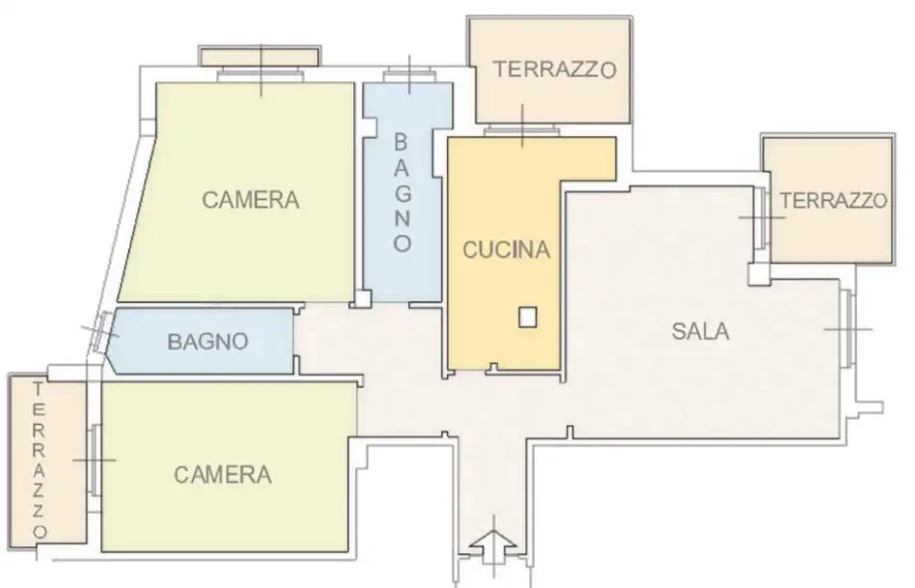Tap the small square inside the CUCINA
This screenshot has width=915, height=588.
(x=527, y=317)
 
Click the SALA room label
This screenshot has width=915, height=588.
(x=701, y=331)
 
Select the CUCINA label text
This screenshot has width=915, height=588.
(x=506, y=250)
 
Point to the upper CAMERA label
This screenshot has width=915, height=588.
(x=250, y=201)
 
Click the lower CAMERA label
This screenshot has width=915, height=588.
(x=222, y=474)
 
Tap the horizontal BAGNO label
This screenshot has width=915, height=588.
(x=208, y=341)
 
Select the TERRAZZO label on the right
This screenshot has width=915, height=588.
(x=833, y=201)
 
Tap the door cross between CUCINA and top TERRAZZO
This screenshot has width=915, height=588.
(x=522, y=126)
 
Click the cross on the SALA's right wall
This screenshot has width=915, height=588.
(x=847, y=328)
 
